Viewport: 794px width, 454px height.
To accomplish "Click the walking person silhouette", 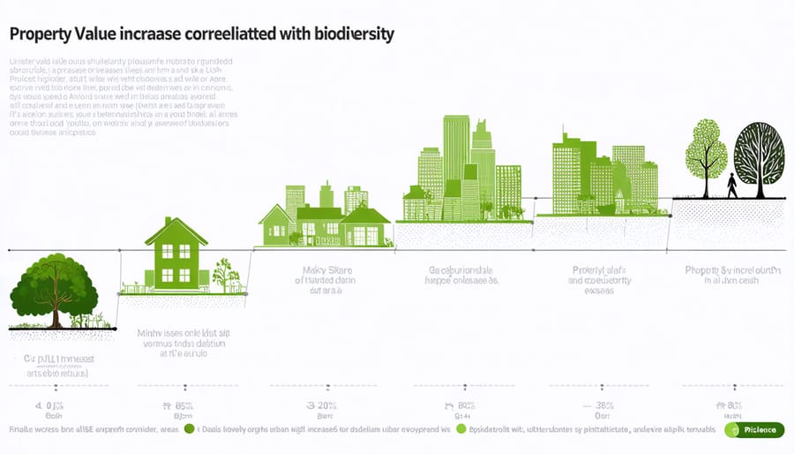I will [731, 185].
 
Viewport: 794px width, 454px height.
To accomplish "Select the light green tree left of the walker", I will [706, 155].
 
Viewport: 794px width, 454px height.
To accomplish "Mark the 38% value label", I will [603, 405].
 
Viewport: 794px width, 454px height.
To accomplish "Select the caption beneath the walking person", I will [733, 275].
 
